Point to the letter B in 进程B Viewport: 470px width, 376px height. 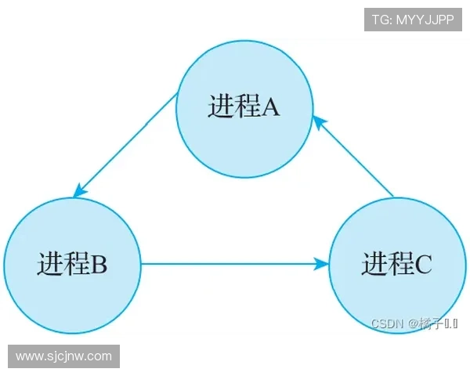click(x=99, y=265)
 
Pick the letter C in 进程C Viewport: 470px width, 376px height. click(x=424, y=265)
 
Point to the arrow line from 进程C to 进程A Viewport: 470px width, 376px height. click(x=356, y=157)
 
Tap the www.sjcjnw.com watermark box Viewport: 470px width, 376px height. click(x=64, y=356)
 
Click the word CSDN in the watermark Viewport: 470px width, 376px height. click(x=386, y=324)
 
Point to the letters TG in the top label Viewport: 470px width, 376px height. click(x=381, y=20)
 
